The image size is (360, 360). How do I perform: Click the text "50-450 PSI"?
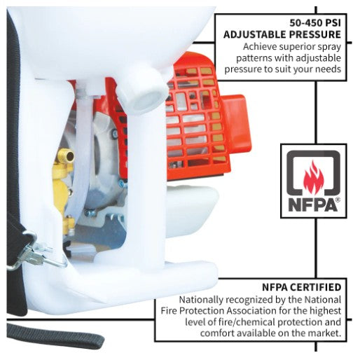click(315, 23)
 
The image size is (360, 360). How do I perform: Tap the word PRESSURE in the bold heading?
click(315, 34)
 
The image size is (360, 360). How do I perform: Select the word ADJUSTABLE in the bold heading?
click(254, 34)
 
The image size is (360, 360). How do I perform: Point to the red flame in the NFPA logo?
click(313, 176)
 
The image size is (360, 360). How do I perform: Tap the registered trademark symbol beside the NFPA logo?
click(338, 200)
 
